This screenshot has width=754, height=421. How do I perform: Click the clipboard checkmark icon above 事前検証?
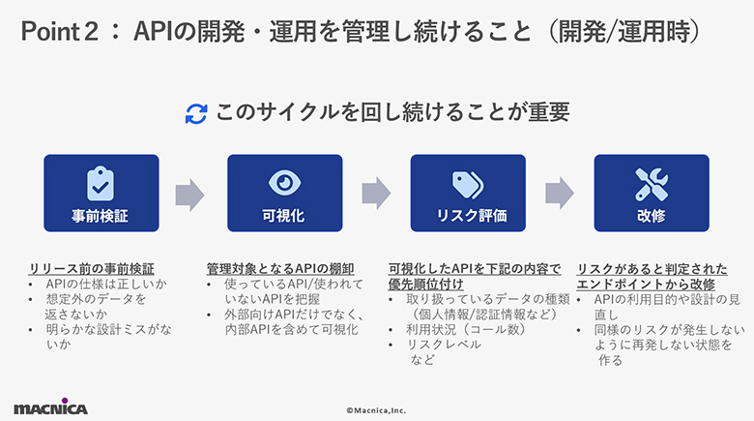click(101, 183)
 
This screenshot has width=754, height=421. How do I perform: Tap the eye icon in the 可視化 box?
click(284, 183)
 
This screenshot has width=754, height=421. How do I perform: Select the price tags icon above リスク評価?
click(467, 183)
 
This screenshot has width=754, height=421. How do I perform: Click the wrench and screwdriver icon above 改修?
click(651, 183)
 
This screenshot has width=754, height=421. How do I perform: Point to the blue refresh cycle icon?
click(196, 113)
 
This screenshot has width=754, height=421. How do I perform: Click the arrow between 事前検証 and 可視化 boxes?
click(190, 194)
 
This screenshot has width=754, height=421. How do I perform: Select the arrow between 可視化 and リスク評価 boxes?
click(375, 194)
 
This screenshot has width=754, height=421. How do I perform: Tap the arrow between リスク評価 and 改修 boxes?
click(559, 194)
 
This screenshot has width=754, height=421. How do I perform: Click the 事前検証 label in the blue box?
click(101, 216)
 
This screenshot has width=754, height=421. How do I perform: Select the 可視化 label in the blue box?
click(284, 216)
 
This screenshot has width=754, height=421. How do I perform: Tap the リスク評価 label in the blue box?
click(467, 216)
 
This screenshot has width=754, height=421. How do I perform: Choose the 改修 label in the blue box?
click(651, 216)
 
